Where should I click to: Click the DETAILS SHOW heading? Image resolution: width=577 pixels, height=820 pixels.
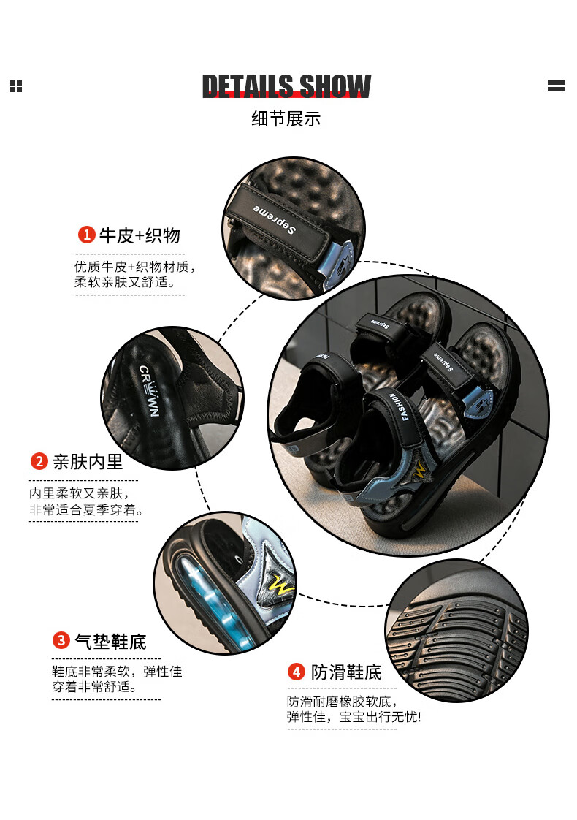click(286, 86)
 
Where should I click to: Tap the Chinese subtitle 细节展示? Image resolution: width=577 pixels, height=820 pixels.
click(286, 118)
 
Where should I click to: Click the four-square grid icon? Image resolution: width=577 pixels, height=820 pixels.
click(16, 86)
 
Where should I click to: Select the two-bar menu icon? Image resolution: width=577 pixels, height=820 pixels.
click(556, 86)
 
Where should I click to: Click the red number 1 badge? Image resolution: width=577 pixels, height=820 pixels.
click(86, 235)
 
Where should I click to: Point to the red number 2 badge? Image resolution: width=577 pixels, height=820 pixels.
click(39, 461)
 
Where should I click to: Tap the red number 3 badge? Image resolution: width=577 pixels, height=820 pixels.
click(61, 641)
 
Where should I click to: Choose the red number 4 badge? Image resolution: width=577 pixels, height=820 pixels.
click(297, 672)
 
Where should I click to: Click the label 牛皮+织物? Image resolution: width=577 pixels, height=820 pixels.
click(140, 235)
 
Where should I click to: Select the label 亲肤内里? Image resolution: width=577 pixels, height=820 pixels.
click(88, 462)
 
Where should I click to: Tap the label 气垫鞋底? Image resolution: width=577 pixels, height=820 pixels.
click(110, 641)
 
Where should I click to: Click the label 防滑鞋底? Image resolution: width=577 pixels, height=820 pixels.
click(346, 672)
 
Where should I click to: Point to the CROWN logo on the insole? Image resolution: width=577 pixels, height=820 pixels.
click(149, 391)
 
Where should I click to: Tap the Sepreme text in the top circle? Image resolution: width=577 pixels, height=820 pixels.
click(275, 219)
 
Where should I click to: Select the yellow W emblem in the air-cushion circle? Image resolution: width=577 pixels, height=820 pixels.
click(281, 586)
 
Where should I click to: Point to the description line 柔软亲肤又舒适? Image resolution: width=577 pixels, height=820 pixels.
click(124, 282)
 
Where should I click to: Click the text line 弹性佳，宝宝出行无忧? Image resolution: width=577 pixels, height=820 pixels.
click(354, 716)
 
